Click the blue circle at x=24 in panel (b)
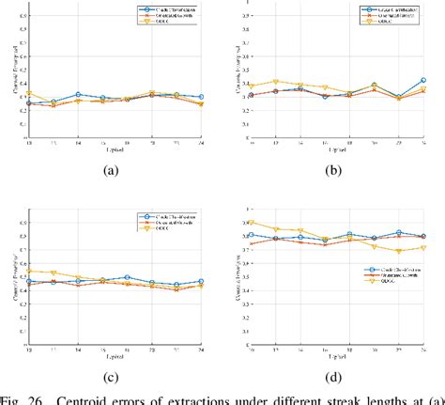tap(423, 81)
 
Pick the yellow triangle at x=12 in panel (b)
tap(275, 82)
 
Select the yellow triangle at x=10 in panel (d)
tap(251, 223)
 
